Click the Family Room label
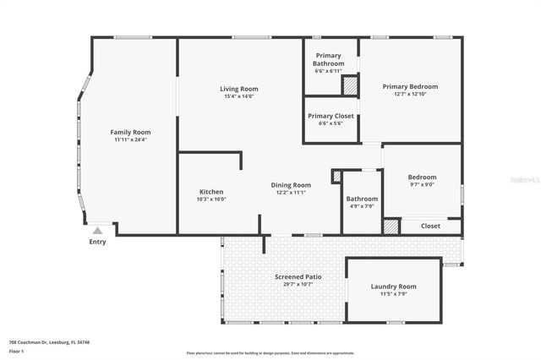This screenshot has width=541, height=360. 130,132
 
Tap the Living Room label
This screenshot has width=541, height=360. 239,89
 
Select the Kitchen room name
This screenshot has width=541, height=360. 211,191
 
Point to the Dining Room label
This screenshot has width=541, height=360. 291,185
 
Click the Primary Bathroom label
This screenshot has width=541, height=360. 328,60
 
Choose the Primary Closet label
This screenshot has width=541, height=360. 331,116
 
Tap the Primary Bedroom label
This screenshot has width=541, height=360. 410,86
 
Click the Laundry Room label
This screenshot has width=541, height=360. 393,286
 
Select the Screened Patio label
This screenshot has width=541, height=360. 298,277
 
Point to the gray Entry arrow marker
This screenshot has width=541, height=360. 98,230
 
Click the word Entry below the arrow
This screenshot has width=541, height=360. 98,243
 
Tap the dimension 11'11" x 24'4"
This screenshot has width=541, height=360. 130,139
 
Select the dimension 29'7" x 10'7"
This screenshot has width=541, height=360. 298,285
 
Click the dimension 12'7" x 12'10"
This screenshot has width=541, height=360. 410,95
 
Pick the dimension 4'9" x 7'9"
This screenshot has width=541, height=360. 362,206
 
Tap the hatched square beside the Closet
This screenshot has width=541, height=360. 391,226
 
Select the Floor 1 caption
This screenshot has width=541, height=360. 17,350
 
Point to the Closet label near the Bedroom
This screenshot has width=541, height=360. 430,226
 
